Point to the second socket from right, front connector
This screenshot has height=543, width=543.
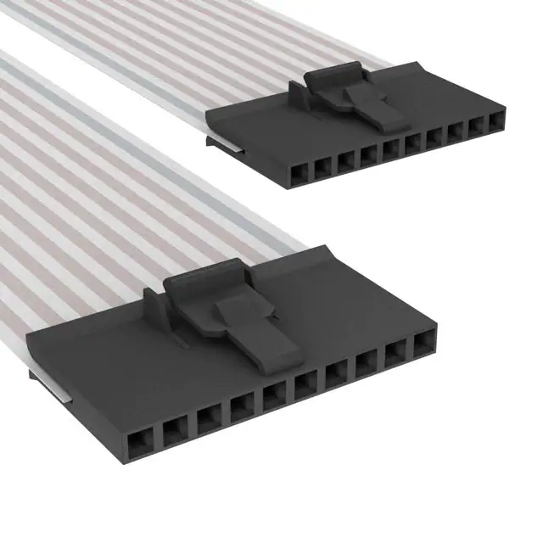(396, 355)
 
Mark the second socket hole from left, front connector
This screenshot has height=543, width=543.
(174, 429)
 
